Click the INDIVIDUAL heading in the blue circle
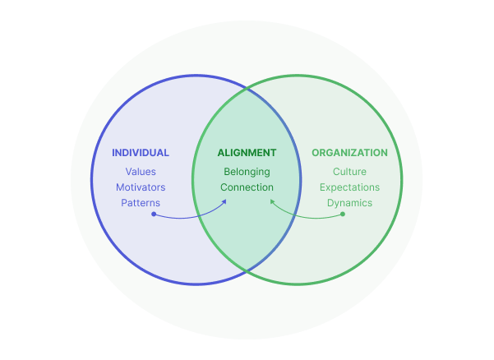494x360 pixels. coord(141,153)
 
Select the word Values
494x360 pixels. coord(141,172)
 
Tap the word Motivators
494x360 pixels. coord(141,187)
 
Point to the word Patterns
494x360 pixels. coord(141,202)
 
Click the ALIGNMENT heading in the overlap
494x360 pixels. coord(247,153)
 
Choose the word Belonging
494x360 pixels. coord(247,172)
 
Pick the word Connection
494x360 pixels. coord(247,187)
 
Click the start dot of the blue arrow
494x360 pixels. coord(153,215)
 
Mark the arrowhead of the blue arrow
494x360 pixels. coord(226,200)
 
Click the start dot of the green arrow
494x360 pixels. coord(342,215)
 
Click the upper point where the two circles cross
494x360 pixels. coord(247,86)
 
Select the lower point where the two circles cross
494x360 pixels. coord(247,270)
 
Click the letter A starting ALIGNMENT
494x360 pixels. coord(220,153)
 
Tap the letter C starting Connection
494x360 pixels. coord(224,187)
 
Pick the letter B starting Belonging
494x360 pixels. coord(227,172)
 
